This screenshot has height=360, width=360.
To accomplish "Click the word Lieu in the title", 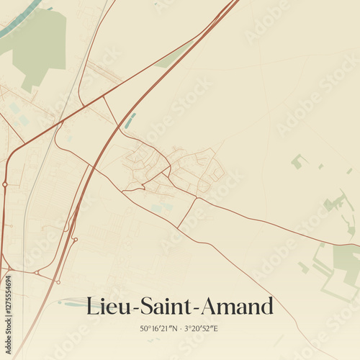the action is pos(105,306).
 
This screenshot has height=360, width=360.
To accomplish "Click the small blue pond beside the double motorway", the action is pos(130,120).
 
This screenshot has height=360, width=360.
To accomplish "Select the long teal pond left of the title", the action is pos(72,303).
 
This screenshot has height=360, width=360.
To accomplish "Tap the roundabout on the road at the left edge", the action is pos(5,184).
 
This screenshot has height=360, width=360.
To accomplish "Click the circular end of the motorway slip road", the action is pos(75,239).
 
